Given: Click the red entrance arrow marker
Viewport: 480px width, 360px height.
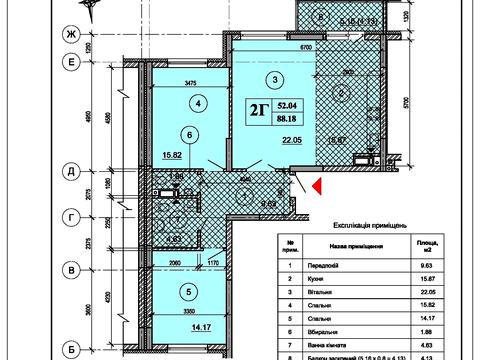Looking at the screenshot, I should point(313,186).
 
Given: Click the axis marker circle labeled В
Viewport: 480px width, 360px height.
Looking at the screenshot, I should point(72,269).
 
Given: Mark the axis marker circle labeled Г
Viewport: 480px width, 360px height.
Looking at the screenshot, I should point(72,215).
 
